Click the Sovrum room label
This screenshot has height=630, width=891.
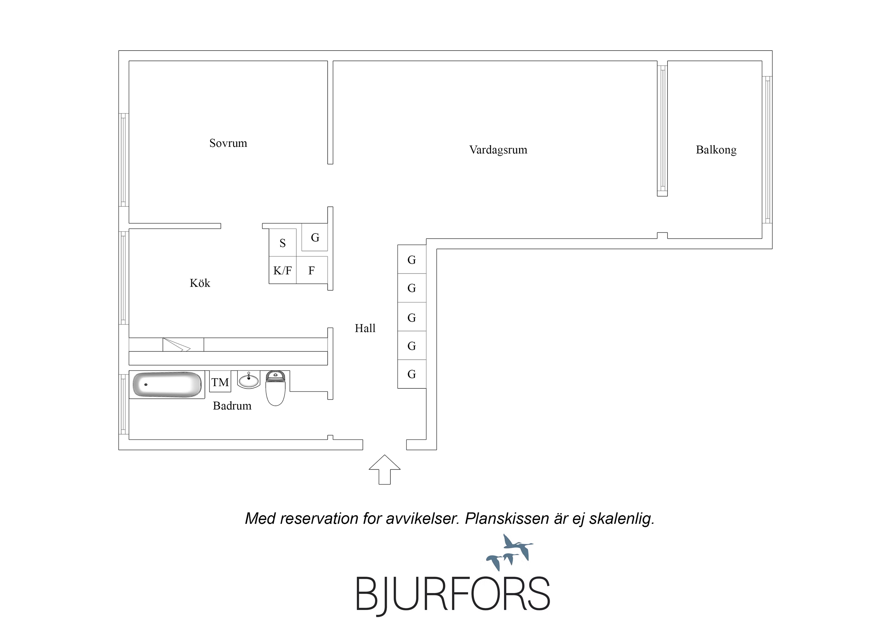(228, 143)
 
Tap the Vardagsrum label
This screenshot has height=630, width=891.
(498, 150)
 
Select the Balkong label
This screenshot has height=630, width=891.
(716, 150)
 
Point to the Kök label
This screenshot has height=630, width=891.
(200, 283)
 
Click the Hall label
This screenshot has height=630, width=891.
(365, 328)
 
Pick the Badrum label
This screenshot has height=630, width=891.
(232, 406)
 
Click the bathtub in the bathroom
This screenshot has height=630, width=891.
(167, 385)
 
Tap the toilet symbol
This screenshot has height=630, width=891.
(276, 388)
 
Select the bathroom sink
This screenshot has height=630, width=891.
(249, 380)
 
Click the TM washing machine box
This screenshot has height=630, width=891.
(220, 382)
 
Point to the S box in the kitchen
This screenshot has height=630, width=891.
(283, 242)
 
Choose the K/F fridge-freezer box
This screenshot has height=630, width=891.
(283, 270)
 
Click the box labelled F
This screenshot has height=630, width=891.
(312, 270)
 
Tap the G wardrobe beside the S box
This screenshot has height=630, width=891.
(315, 237)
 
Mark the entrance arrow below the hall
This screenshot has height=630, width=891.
(385, 469)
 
